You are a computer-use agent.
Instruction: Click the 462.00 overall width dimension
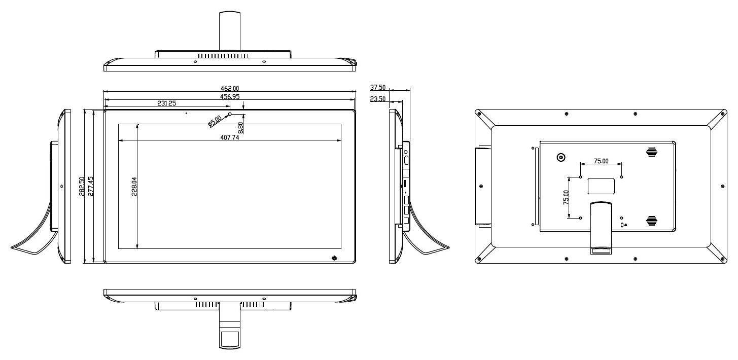click(230, 88)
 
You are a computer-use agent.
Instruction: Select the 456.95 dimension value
click(230, 96)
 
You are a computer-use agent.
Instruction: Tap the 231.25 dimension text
click(166, 103)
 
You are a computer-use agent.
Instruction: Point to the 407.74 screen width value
click(230, 137)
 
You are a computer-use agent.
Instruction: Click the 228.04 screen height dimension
click(134, 187)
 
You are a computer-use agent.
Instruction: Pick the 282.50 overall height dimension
click(82, 187)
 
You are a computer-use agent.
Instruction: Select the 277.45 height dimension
click(91, 187)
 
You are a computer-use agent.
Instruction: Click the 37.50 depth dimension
click(377, 87)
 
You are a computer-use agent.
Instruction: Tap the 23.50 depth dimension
click(377, 99)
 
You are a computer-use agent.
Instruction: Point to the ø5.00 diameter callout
click(215, 121)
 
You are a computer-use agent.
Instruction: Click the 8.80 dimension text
click(240, 128)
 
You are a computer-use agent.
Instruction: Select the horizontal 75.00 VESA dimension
click(601, 161)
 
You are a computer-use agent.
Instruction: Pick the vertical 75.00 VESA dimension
click(566, 197)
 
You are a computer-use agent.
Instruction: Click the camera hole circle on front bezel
click(230, 114)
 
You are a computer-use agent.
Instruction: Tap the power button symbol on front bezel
click(334, 258)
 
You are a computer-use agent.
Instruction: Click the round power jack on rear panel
click(561, 158)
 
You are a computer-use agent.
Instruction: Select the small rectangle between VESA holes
click(601, 186)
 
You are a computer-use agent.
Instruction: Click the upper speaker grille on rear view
click(651, 152)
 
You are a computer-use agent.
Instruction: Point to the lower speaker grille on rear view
click(651, 221)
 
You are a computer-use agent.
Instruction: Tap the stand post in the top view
click(230, 31)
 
